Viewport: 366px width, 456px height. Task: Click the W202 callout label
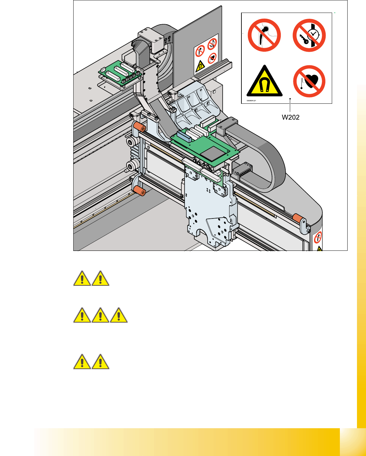[290, 117]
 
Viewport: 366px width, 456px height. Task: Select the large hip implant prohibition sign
[264, 35]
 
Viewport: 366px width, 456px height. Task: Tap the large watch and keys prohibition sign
[309, 35]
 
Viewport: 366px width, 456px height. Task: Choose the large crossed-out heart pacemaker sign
[309, 81]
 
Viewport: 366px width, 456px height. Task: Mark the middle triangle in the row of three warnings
[100, 315]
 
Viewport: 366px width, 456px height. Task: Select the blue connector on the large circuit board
[183, 136]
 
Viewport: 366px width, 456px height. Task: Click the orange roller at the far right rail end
[298, 217]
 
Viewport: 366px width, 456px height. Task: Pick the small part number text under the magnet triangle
[251, 101]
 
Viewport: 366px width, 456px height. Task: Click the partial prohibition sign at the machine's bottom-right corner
[318, 238]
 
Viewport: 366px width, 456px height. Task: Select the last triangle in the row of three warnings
[119, 315]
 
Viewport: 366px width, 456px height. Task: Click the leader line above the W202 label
[290, 107]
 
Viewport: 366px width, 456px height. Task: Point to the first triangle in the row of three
[82, 315]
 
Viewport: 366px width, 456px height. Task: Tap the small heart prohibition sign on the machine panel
[212, 58]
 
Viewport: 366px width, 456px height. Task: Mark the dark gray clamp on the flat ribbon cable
[227, 126]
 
